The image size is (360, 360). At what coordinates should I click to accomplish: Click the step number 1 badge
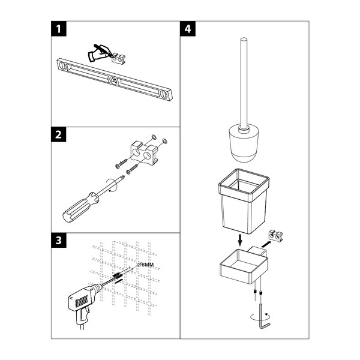tap(59, 29)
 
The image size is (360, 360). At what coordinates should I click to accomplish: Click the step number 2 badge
tap(59, 134)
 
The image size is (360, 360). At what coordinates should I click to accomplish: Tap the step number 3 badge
tap(59, 241)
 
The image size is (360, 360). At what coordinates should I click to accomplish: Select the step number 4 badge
tap(188, 29)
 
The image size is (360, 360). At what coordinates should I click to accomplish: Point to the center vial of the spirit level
tap(113, 80)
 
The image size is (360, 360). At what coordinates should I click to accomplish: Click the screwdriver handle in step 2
tap(80, 207)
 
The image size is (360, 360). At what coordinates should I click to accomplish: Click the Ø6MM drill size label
tap(146, 265)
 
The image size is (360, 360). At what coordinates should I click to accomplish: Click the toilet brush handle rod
tap(244, 83)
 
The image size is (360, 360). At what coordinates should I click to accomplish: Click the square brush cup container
tap(244, 201)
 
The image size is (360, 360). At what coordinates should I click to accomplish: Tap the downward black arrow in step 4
tap(240, 240)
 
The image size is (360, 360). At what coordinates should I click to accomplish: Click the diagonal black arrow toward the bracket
tap(266, 244)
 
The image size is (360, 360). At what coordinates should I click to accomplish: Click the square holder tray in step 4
tap(244, 265)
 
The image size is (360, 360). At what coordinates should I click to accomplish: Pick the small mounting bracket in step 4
tap(276, 236)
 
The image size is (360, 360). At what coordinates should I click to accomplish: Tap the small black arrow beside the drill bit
tap(118, 281)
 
